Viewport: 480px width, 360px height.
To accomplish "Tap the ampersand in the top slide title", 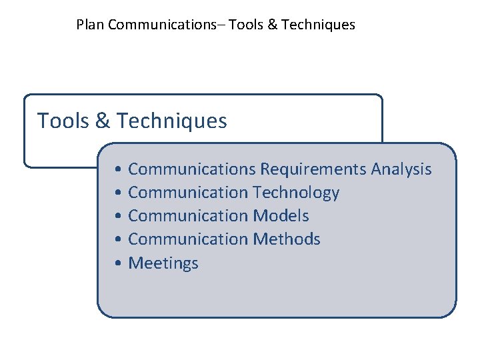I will tap(273, 25).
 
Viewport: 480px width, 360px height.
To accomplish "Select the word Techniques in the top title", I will tap(318, 25).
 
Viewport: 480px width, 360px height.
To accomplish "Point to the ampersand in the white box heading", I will tap(103, 121).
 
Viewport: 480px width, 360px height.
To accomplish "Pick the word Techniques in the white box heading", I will tap(171, 121).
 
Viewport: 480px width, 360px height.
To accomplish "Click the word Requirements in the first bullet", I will tap(313, 169).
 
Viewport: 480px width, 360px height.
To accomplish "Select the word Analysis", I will tap(401, 170).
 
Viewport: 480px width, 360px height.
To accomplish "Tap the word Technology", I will tap(296, 193).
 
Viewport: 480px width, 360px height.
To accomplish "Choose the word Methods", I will tap(287, 239).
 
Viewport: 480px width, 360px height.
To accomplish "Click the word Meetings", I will tap(163, 263).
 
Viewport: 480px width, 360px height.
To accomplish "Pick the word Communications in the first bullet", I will tap(191, 169).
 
